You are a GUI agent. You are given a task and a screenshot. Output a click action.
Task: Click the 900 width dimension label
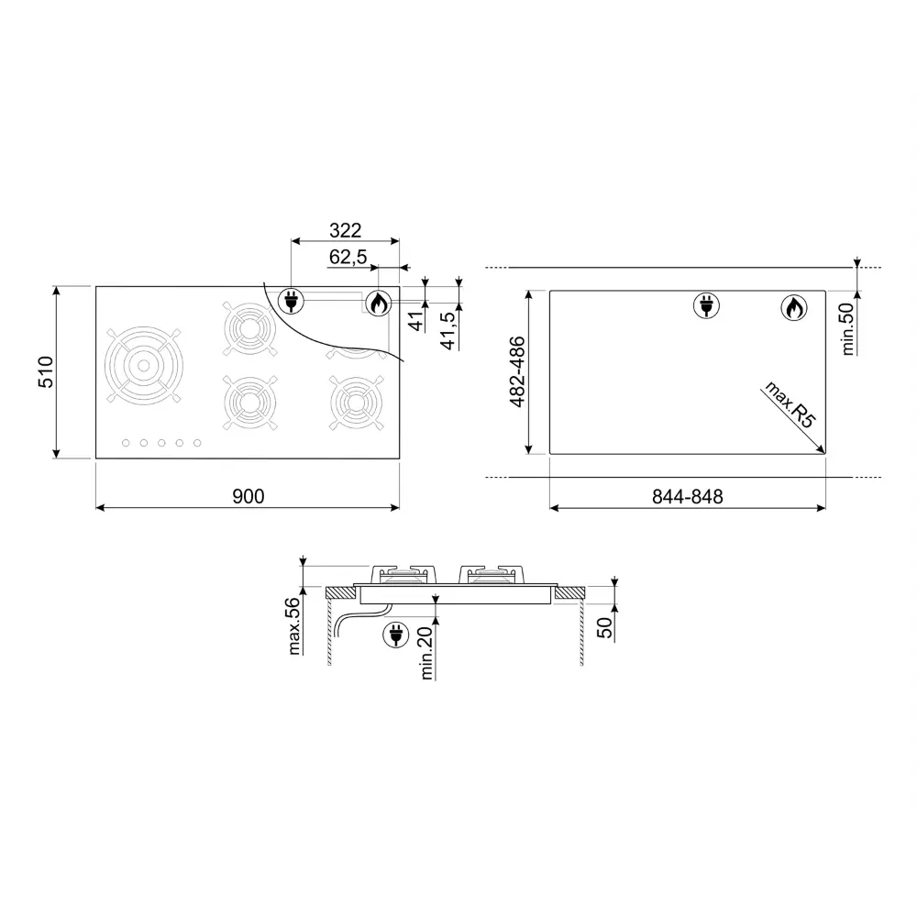click(249, 496)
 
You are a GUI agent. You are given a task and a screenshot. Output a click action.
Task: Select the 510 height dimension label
click(46, 372)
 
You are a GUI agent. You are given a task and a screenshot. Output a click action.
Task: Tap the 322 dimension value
click(345, 230)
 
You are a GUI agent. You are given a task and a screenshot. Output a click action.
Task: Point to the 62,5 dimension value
click(348, 257)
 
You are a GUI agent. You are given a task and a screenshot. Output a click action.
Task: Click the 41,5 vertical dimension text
click(448, 331)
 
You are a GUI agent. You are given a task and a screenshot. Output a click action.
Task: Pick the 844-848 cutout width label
click(688, 497)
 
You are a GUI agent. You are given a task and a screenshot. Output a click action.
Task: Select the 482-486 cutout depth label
click(517, 372)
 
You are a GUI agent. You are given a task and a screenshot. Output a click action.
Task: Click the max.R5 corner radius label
click(790, 404)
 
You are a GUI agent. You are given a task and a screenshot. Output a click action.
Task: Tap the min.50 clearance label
click(847, 328)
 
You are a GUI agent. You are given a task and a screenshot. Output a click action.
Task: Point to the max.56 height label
click(293, 625)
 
